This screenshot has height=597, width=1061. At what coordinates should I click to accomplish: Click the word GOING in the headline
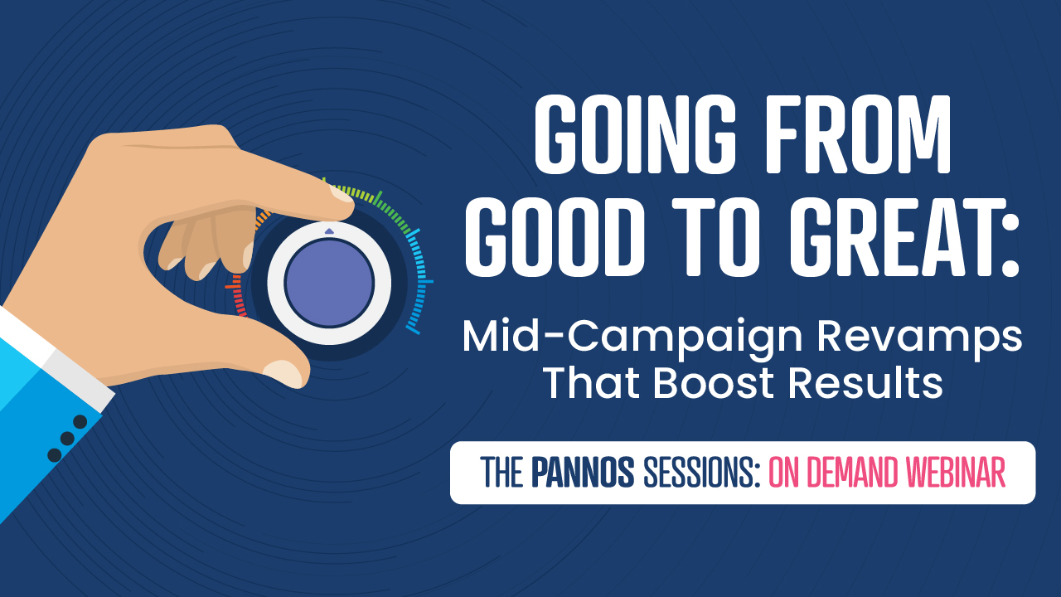point(635,135)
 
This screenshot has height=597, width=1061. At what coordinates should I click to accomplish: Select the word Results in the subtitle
point(865,382)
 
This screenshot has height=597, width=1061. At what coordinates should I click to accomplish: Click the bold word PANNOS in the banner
point(583,473)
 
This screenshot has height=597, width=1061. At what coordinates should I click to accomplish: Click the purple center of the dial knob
point(329,283)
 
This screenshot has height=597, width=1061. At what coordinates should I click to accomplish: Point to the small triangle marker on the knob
point(329,231)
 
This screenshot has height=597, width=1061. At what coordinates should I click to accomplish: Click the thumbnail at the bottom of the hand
point(283,372)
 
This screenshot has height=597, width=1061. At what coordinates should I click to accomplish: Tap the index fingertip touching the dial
point(342,198)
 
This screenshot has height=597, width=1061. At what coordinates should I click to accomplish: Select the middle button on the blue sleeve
point(67,439)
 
